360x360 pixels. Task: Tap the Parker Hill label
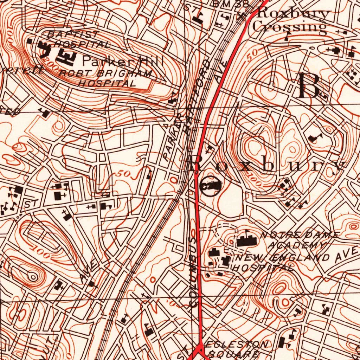(x=123, y=62)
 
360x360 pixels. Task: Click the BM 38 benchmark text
(x=230, y=4)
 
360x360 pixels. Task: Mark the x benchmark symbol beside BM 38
(x=242, y=15)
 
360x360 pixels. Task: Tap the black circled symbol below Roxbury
(x=210, y=185)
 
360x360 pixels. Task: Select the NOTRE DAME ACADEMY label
(x=299, y=240)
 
